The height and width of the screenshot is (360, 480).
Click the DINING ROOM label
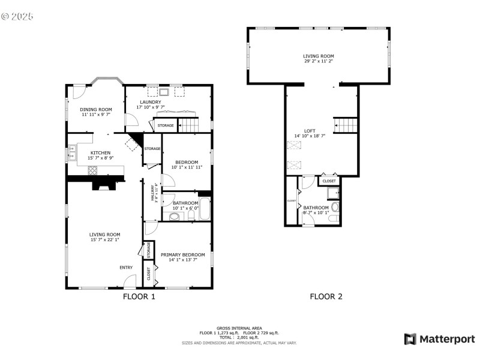(96, 109)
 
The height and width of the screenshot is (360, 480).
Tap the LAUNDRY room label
(150, 102)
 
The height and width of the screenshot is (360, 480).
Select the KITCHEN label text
(100, 153)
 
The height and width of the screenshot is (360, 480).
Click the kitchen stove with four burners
(93, 170)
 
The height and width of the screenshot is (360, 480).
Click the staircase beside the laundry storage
(189, 125)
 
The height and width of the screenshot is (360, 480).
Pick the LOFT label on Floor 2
(310, 131)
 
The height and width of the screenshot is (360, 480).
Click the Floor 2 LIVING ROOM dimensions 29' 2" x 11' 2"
(318, 61)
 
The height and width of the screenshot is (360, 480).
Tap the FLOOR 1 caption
(139, 296)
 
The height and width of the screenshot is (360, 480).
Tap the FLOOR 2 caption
(326, 296)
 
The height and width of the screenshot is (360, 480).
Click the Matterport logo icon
(410, 339)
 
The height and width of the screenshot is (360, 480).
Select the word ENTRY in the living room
(126, 268)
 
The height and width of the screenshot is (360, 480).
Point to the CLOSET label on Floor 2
(329, 181)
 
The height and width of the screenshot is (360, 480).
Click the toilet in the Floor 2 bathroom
(335, 207)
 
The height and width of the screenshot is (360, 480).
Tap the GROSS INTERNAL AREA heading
(239, 328)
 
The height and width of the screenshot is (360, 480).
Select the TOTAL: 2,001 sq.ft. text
(239, 337)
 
